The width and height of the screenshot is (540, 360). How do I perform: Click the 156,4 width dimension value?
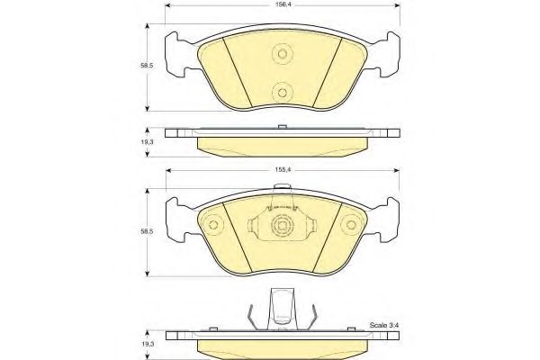click(x=282, y=4)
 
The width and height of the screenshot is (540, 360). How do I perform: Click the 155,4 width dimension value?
click(x=282, y=169)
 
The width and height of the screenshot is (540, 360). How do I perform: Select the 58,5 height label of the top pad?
click(x=147, y=66)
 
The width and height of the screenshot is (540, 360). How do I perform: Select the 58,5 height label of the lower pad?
click(x=147, y=231)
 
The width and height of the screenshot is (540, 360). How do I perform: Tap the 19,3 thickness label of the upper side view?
click(x=148, y=142)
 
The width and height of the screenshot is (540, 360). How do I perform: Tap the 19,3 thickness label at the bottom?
click(x=148, y=344)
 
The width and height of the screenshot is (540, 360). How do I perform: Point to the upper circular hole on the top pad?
click(x=283, y=54)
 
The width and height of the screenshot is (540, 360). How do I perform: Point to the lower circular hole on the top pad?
click(x=283, y=93)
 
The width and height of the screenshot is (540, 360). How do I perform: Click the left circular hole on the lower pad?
click(x=213, y=225)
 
